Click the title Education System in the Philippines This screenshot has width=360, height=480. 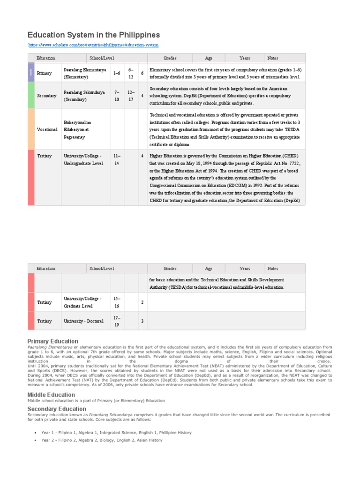pos(94,35)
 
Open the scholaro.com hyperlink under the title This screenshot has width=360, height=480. pos(93,45)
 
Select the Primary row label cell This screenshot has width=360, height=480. pos(45,73)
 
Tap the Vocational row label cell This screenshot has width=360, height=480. pos(47,129)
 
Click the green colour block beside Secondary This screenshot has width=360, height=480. pos(31,95)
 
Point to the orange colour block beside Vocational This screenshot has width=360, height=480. pos(31,129)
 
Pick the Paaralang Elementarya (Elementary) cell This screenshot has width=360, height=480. pos(85,73)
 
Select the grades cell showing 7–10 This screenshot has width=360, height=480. pos(117,96)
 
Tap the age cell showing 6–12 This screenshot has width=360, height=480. pos(131,73)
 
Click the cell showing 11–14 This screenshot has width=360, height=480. pos(117,159)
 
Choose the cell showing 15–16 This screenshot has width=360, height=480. pos(117,302)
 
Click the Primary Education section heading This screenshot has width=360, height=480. pos(53,341)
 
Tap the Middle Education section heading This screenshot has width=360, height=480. pos(51,395)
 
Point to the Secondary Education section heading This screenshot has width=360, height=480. pos(57,409)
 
